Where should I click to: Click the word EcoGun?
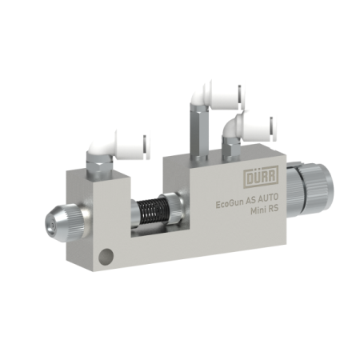point(230,205)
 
